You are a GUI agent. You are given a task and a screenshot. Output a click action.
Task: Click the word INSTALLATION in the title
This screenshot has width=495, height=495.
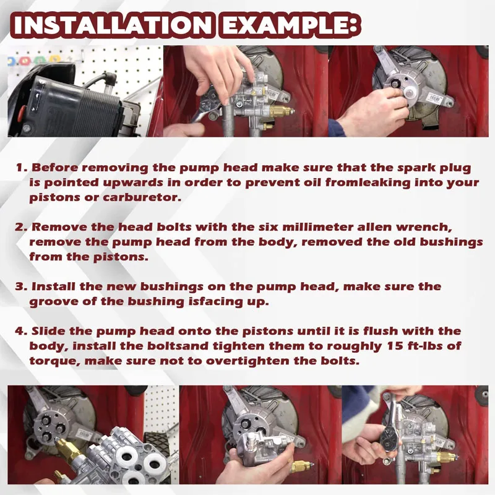tap(113, 25)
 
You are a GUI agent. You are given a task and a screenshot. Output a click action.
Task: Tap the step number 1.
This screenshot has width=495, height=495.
tap(20, 167)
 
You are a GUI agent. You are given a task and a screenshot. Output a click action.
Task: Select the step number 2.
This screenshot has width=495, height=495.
tap(22, 227)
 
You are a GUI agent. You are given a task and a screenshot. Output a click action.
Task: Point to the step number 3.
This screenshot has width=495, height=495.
tap(22, 286)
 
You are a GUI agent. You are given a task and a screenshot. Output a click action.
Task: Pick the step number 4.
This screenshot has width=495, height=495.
tap(22, 331)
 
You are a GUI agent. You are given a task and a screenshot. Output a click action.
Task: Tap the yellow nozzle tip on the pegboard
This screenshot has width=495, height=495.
tap(54, 59)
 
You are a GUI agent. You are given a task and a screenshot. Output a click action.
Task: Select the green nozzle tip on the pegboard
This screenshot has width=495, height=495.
tap(39, 59)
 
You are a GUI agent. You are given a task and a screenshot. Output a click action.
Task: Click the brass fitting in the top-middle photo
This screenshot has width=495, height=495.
tap(280, 111)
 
